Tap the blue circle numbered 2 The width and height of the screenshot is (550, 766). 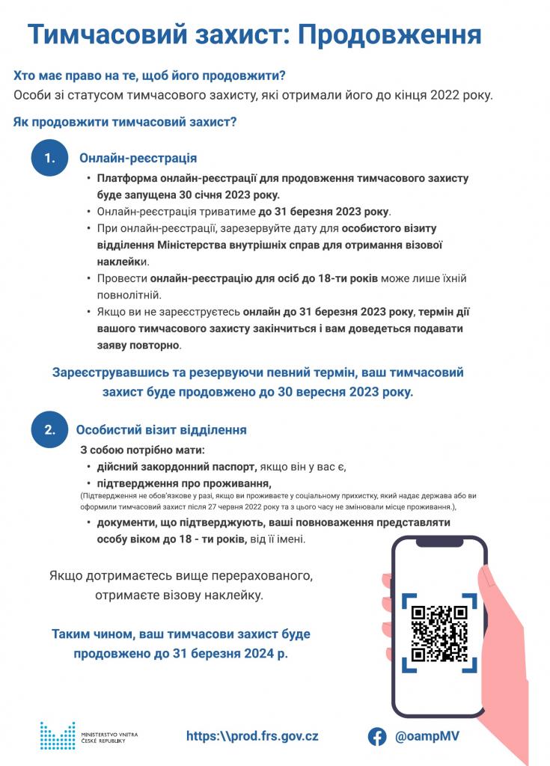[49, 429]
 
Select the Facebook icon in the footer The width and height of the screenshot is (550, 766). [377, 736]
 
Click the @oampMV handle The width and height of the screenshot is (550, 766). [427, 736]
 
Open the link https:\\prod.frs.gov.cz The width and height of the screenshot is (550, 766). [252, 736]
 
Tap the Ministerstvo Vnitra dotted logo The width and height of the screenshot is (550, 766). [57, 735]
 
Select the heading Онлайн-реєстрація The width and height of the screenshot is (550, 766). [138, 158]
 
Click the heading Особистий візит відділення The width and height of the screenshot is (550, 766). [162, 430]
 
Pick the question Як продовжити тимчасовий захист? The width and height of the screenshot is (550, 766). [125, 122]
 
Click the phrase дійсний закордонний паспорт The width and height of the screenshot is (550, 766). [176, 467]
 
